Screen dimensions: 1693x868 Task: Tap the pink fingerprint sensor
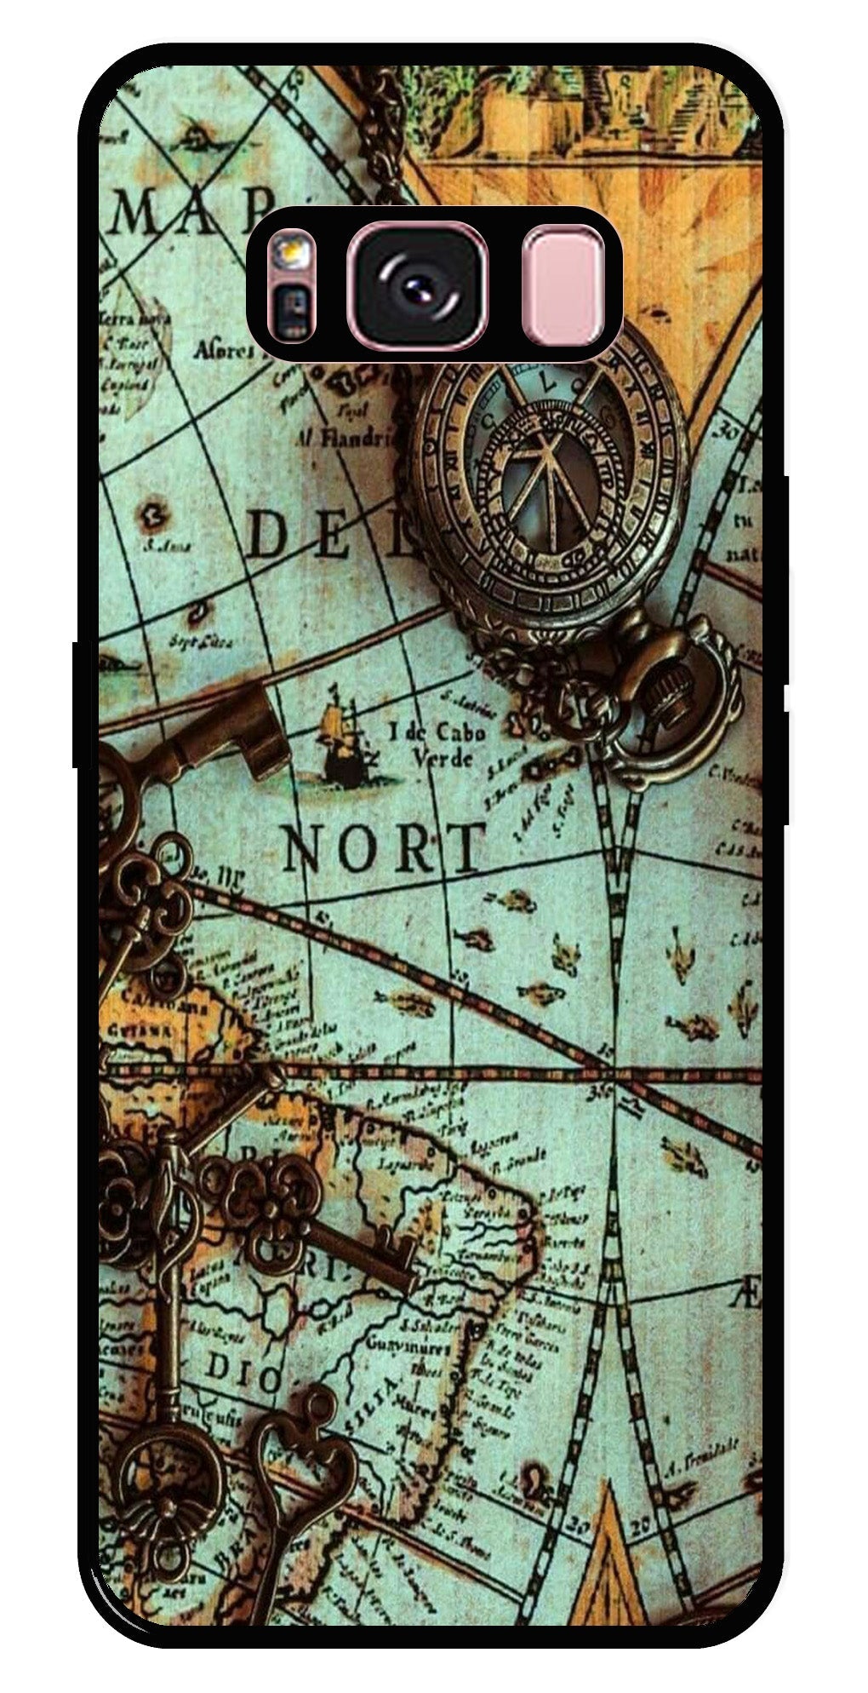point(562,285)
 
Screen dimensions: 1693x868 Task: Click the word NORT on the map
point(383,848)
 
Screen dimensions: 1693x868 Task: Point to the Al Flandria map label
point(345,438)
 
